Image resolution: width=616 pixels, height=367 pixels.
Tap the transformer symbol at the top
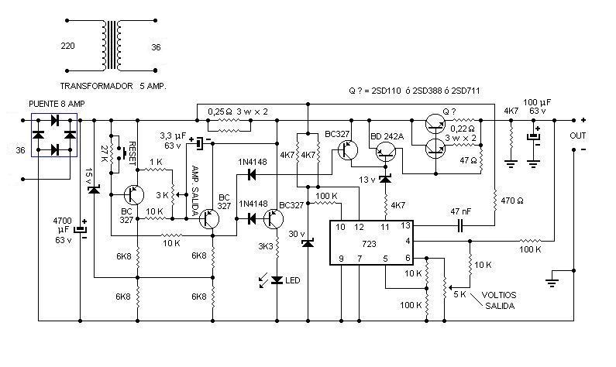[114, 46]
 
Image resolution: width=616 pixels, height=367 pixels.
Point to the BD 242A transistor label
[388, 136]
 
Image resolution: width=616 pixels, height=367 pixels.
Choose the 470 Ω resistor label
[513, 201]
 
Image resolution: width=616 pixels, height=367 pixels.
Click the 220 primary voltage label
[68, 47]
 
